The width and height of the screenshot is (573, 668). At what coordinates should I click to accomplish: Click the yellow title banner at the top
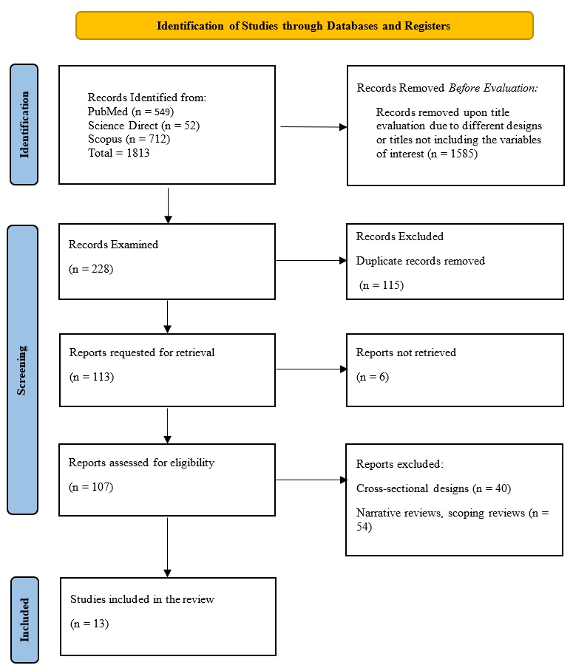click(x=304, y=25)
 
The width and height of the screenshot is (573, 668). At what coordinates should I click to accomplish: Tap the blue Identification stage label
click(x=24, y=124)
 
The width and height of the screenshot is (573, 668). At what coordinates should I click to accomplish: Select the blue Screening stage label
click(x=22, y=369)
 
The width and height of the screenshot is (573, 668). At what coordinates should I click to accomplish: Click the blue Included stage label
click(x=24, y=619)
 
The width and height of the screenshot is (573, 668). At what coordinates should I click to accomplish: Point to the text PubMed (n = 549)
click(x=132, y=112)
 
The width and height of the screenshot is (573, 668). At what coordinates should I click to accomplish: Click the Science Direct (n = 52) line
click(x=143, y=126)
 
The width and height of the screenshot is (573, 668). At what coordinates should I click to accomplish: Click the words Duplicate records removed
click(x=420, y=261)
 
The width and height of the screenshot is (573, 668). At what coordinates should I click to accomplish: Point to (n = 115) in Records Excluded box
click(x=382, y=284)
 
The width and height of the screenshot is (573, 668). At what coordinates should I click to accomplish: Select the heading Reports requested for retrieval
click(x=141, y=352)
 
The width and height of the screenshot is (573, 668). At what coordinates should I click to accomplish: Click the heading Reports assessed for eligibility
click(x=141, y=463)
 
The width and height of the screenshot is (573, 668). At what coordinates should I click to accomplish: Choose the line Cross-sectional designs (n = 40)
click(x=433, y=488)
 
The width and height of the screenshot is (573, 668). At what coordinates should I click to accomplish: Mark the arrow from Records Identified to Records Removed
click(x=313, y=127)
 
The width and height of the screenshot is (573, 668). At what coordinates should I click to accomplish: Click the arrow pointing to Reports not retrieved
click(x=311, y=369)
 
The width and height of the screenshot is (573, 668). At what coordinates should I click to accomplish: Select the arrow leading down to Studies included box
click(x=168, y=547)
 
